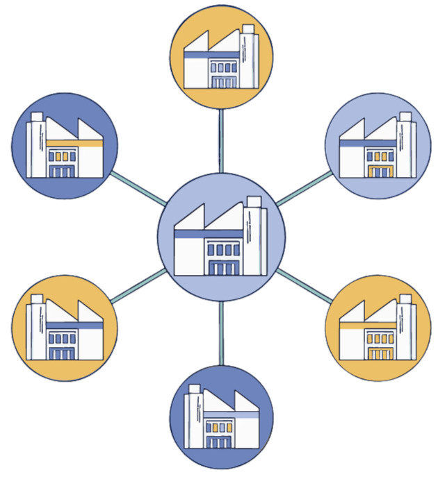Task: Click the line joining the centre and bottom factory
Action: click(221, 333)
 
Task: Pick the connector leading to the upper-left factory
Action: click(136, 183)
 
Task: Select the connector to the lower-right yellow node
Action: click(306, 285)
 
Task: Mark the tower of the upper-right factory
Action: click(407, 148)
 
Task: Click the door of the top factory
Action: click(222, 83)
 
